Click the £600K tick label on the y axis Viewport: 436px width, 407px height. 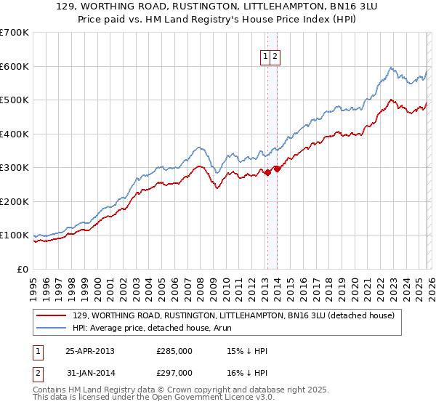point(15,66)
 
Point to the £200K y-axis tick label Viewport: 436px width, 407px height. point(15,201)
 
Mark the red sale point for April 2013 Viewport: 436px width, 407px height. point(267,172)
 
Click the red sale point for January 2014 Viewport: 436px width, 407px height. point(277,169)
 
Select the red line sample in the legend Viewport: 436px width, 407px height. point(52,315)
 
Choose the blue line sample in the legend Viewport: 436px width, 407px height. point(52,328)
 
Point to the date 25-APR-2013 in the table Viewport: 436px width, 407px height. point(90,351)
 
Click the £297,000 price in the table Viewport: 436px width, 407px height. point(174,372)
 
